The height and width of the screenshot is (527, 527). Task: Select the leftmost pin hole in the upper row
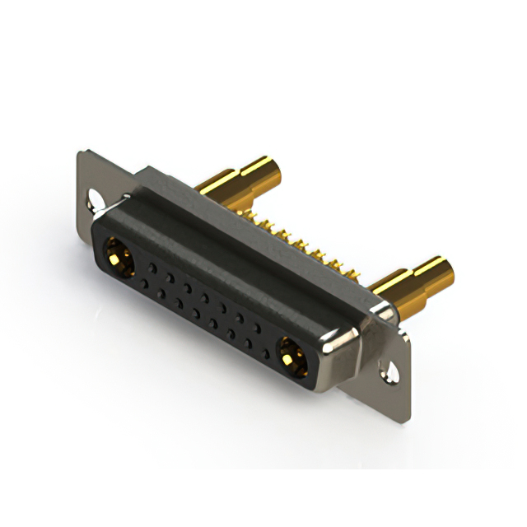coord(153,267)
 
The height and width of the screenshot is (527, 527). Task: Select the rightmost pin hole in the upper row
coord(257,329)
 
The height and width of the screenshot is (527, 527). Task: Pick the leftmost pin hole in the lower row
coord(145,284)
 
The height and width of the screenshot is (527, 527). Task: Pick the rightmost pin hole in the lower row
coord(265,354)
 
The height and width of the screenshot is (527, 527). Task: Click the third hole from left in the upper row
coord(188,287)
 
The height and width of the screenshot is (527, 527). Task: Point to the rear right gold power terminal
coord(412,280)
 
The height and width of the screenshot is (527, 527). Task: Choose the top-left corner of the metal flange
coord(80,152)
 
